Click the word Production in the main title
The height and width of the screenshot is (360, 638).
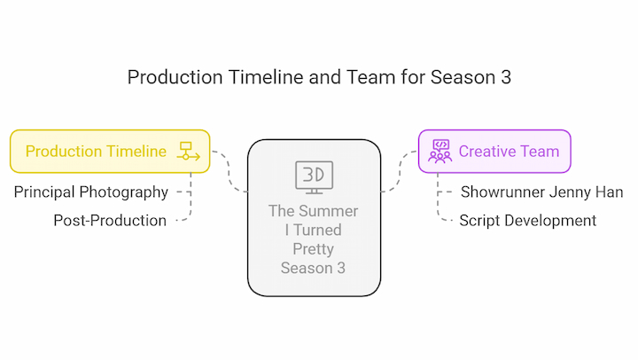[x=175, y=77]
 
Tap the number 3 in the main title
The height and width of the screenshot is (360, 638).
[x=506, y=77]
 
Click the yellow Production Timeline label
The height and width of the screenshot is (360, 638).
[x=96, y=151]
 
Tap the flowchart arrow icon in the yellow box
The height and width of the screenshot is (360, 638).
[x=189, y=151]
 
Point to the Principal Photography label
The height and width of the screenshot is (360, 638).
[x=90, y=192]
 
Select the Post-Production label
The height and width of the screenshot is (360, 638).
[x=110, y=220]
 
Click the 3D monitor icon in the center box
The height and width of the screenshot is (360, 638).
[x=314, y=177]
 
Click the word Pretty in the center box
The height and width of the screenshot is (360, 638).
[x=314, y=249]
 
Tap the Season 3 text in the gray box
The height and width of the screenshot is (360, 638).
[x=313, y=268]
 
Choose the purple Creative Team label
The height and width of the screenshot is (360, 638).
[x=509, y=151]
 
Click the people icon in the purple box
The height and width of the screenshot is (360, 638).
[x=440, y=152]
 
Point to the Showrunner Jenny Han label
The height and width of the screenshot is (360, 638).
[x=541, y=192]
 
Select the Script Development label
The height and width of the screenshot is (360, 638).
[x=528, y=221]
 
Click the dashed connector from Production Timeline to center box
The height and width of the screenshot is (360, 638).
[x=229, y=171]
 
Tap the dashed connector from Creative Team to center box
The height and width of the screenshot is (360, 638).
[x=400, y=171]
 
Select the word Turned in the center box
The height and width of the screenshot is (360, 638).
[x=317, y=230]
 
